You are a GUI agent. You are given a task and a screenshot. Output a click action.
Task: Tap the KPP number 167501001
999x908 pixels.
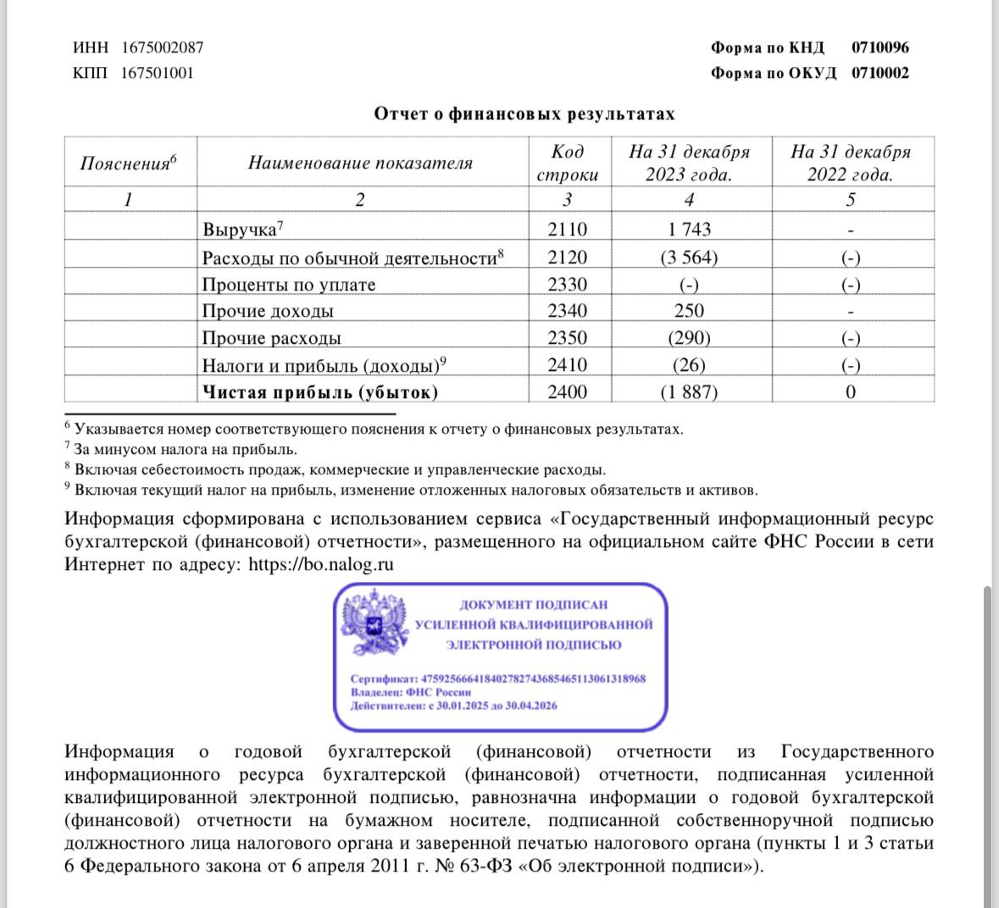(x=157, y=73)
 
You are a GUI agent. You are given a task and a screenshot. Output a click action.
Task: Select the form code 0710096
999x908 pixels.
(x=880, y=47)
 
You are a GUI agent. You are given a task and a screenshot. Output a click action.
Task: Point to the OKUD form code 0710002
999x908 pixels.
(x=880, y=73)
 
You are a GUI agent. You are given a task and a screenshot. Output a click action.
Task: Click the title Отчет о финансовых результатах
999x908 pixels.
(x=524, y=113)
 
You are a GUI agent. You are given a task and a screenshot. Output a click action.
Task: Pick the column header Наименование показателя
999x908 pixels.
(x=360, y=163)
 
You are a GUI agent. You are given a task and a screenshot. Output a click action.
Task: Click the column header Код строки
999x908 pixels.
(x=567, y=163)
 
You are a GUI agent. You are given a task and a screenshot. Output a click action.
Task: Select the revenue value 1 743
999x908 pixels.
(x=689, y=230)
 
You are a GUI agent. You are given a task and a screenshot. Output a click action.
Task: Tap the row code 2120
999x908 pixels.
(x=567, y=257)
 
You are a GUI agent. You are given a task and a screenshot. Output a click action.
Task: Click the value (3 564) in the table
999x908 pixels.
(x=689, y=257)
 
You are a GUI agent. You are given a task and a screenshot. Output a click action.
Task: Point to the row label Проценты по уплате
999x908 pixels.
(x=288, y=285)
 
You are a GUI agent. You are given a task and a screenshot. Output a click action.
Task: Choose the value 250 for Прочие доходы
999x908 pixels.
(x=689, y=311)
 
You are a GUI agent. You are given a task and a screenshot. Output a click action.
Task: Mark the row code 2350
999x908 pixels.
(x=567, y=338)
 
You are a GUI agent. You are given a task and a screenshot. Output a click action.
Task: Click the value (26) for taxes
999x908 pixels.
(x=689, y=365)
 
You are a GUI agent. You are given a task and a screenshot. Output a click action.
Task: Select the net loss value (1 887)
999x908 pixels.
(x=689, y=392)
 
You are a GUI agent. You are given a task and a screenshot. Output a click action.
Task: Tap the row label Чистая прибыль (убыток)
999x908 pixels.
(x=320, y=392)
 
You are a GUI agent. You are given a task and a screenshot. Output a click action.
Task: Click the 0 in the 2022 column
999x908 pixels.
(x=851, y=392)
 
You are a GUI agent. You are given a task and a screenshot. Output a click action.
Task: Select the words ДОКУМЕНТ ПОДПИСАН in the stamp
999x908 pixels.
(x=533, y=605)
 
